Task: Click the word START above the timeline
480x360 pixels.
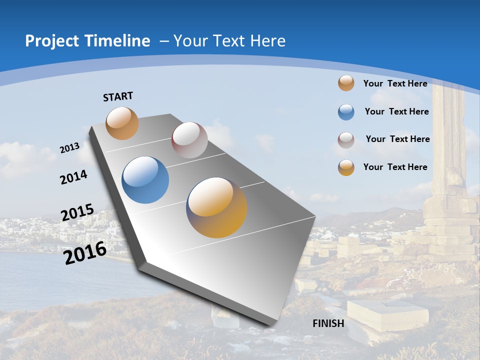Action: (x=118, y=96)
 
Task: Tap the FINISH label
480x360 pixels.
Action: (x=328, y=323)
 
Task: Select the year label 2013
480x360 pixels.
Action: (x=70, y=148)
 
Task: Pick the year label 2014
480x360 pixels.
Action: (x=74, y=177)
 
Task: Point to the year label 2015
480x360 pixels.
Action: (x=77, y=212)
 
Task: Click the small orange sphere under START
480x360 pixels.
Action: (x=122, y=123)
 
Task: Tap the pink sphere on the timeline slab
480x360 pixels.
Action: (x=189, y=140)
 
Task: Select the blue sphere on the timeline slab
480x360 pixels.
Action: (x=145, y=180)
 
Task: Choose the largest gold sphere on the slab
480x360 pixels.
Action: (x=216, y=207)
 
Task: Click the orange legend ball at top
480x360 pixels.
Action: (x=346, y=83)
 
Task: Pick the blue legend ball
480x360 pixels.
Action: (x=346, y=112)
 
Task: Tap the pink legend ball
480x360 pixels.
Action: (x=346, y=140)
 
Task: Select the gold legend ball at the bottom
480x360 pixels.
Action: (x=346, y=167)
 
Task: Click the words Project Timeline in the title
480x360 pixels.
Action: (x=87, y=41)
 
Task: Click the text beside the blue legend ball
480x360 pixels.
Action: (x=396, y=111)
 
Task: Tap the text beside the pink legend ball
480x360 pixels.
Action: (x=397, y=139)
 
